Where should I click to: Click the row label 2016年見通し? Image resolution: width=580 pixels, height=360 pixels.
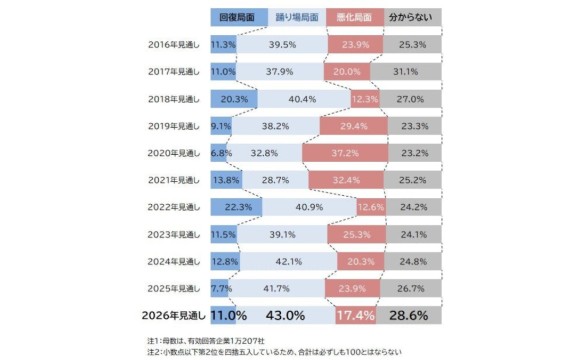click(173, 45)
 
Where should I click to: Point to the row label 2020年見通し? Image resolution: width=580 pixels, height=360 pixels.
click(173, 153)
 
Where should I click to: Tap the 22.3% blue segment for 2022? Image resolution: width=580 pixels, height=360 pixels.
click(237, 207)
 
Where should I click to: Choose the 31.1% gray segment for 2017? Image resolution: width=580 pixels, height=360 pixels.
click(407, 72)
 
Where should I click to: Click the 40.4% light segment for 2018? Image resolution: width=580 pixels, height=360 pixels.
click(302, 99)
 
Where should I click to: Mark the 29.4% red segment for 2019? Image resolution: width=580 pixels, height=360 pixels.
click(355, 126)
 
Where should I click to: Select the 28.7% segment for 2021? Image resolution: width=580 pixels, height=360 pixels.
click(275, 180)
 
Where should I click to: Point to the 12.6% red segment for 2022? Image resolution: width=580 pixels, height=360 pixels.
click(370, 207)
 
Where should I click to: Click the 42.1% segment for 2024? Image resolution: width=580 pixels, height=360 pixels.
click(288, 261)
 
